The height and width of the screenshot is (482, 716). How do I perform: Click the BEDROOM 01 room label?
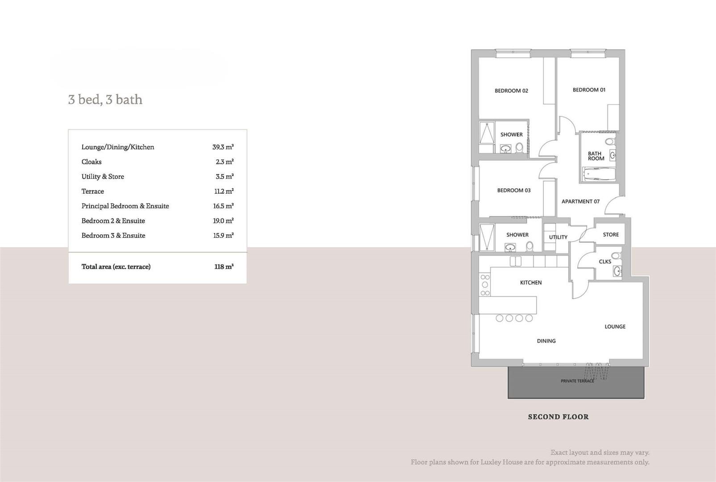589,90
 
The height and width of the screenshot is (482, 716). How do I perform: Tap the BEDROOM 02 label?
511,91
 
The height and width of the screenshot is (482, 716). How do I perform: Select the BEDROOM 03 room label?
514,190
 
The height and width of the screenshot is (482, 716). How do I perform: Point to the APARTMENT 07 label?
580,201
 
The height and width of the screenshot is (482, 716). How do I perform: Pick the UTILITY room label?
558,237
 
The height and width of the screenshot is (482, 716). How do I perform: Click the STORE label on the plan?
611,234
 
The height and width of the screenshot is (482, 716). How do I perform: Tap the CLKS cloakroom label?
605,262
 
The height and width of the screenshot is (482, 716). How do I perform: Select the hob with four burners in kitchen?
485,285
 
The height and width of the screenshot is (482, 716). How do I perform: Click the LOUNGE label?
615,326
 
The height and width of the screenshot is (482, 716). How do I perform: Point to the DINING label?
546,341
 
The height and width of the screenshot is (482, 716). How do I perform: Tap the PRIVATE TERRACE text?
577,381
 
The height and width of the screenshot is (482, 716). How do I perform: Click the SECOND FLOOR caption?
558,417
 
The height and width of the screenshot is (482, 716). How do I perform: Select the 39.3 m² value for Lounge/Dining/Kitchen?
223,147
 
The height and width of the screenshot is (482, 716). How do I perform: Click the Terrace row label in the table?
93,191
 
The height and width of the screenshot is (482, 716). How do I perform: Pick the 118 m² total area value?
223,266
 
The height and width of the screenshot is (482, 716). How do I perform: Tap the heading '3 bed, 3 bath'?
105,99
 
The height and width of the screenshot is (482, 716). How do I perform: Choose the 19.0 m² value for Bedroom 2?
223,220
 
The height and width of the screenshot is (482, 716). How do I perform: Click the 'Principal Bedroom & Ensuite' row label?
125,206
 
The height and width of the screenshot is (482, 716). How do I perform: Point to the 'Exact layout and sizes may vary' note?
600,453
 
